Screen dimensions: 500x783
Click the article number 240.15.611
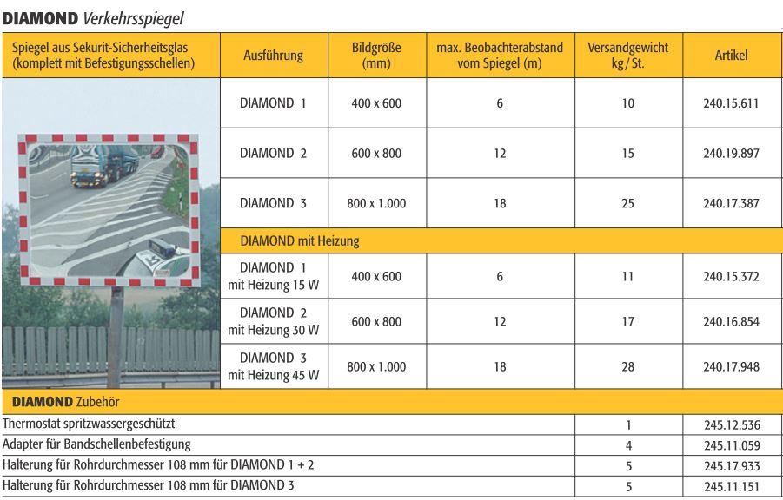click(x=731, y=103)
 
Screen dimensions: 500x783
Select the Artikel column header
click(x=731, y=56)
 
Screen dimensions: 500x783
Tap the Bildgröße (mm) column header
click(x=376, y=56)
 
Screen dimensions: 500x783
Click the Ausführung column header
click(x=273, y=56)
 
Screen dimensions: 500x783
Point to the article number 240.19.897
click(x=731, y=154)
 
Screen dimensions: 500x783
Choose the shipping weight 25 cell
click(x=628, y=204)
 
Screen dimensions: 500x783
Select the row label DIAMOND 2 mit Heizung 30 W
click(x=273, y=321)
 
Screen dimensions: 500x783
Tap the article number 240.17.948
click(x=731, y=366)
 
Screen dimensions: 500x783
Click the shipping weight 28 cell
click(x=628, y=366)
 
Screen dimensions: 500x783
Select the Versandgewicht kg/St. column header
click(x=628, y=56)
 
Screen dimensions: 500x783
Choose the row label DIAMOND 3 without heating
click(x=273, y=204)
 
